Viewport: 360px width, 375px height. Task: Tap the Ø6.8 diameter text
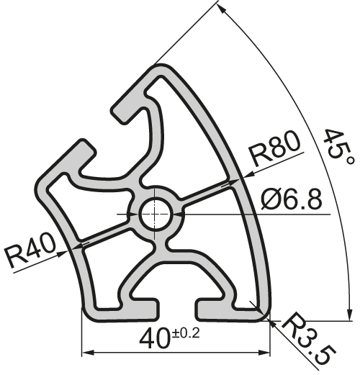tap(291, 199)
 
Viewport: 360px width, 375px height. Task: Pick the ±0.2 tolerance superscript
tap(186, 332)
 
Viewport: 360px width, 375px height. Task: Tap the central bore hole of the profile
tap(154, 214)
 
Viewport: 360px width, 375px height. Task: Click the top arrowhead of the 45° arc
tap(222, 9)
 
